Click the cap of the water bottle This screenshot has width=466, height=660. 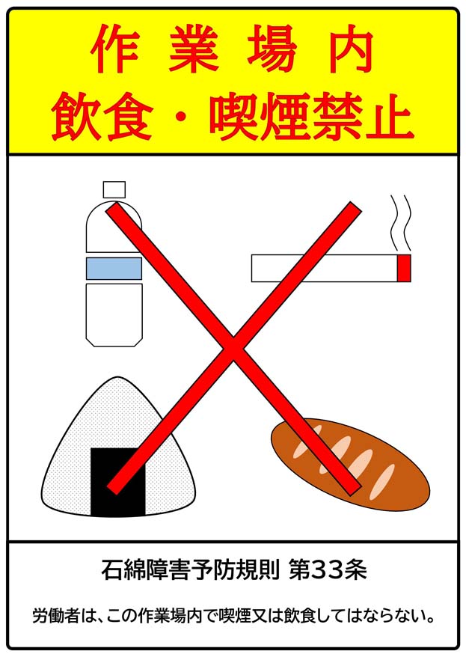click(114, 189)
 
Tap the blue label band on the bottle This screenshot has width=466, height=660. click(114, 268)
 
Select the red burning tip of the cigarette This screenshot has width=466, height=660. click(404, 268)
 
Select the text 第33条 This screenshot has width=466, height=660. click(330, 572)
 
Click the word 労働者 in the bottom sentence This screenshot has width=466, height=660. click(58, 617)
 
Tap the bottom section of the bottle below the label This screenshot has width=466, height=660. click(114, 313)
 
